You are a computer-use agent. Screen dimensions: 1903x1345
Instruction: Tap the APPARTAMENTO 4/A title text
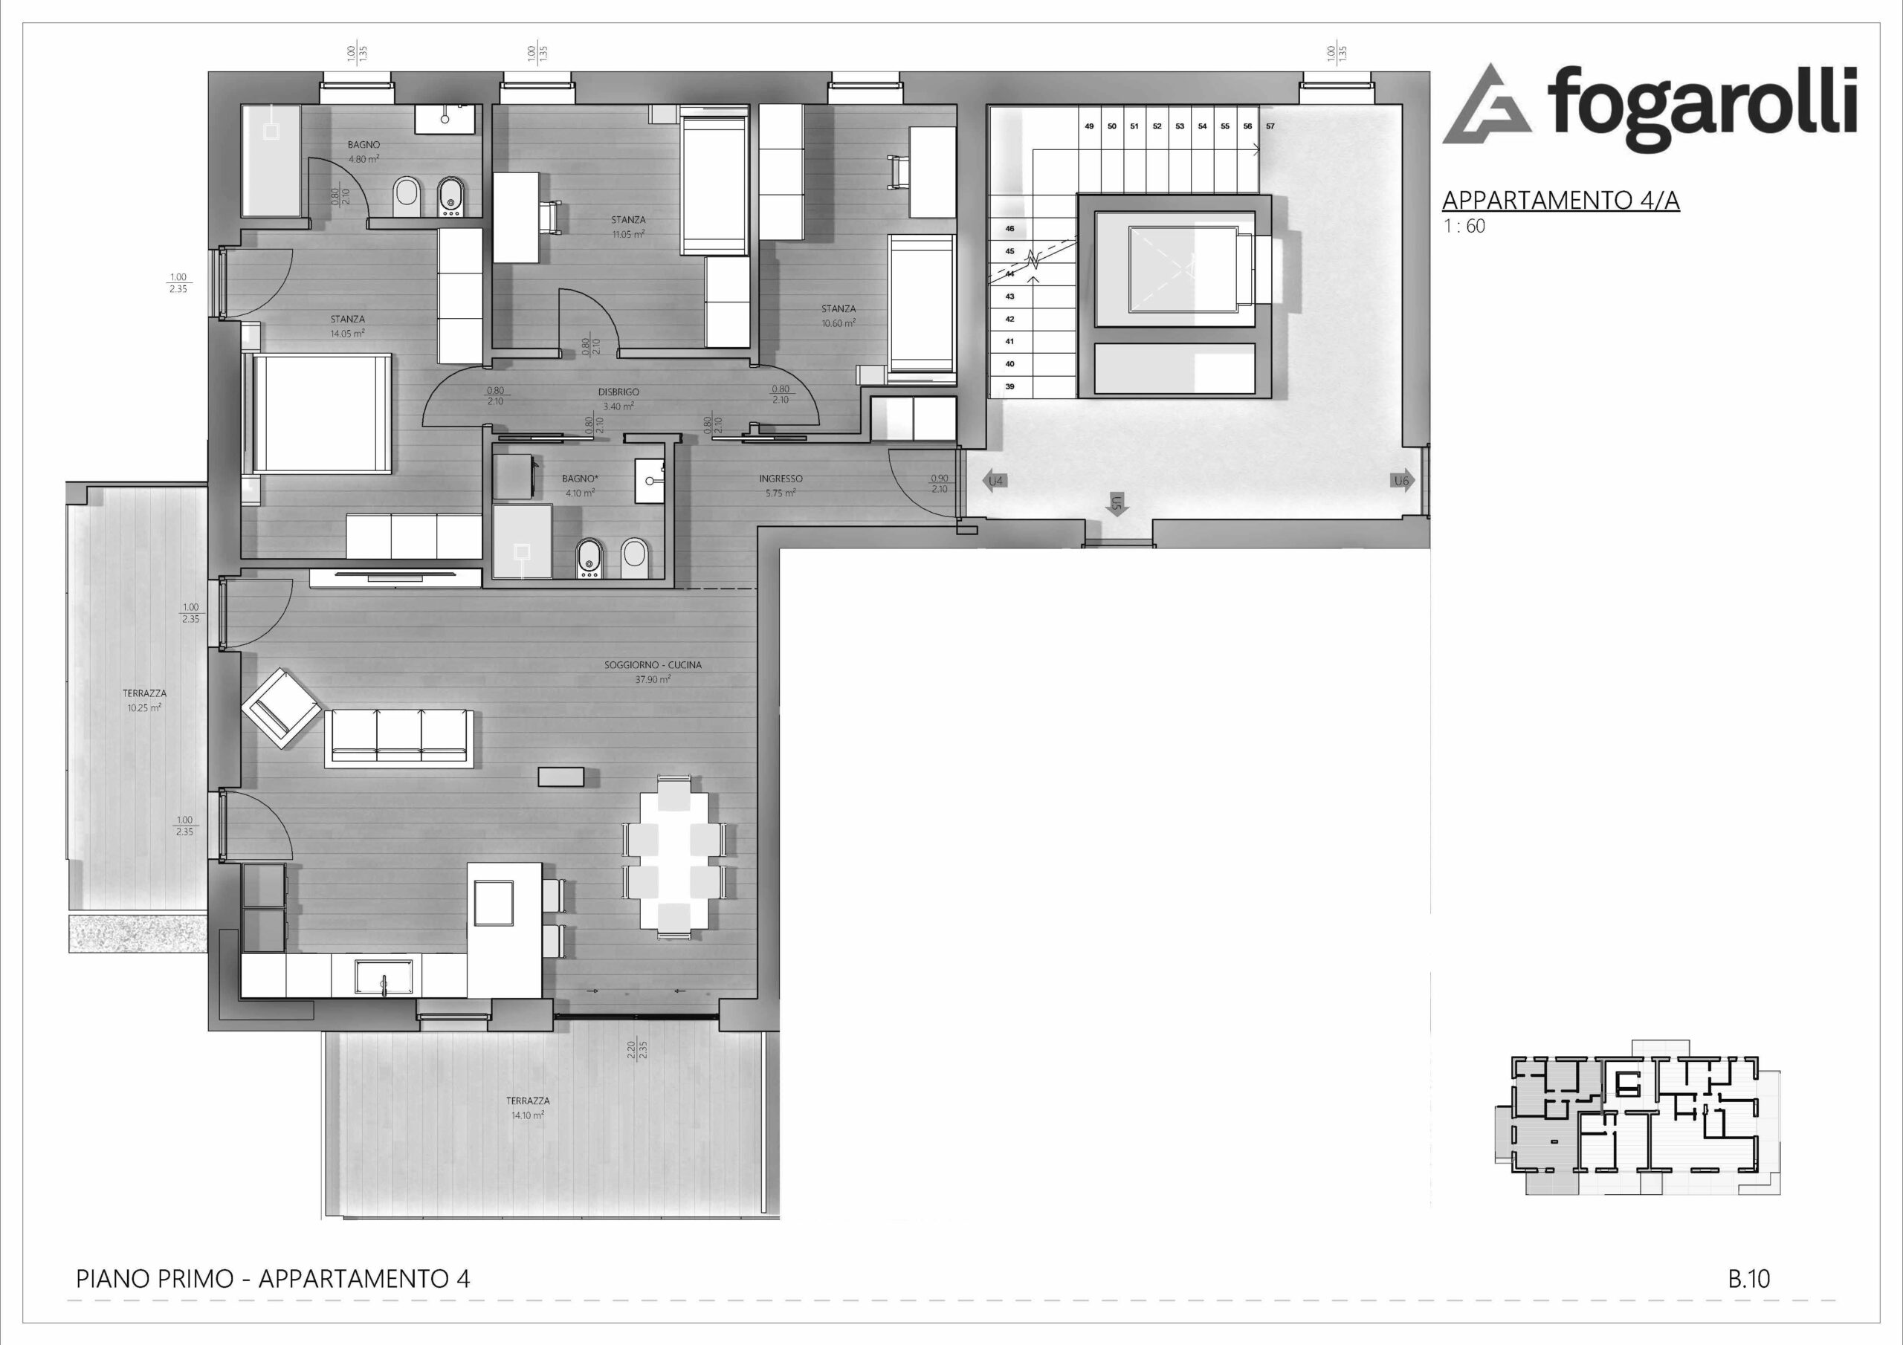(1561, 201)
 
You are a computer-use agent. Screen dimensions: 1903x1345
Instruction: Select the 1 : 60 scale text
(1464, 226)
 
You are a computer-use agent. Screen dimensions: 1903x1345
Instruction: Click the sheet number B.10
(1749, 1279)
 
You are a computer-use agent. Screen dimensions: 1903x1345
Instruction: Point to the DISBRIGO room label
(618, 392)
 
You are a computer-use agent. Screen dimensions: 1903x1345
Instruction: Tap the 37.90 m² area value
(652, 678)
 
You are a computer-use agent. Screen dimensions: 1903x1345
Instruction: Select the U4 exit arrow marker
(995, 481)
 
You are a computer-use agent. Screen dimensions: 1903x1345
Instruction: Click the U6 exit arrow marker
(1401, 481)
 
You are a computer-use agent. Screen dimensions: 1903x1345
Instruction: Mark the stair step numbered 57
(1270, 127)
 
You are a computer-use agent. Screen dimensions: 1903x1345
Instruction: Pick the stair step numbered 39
(1009, 386)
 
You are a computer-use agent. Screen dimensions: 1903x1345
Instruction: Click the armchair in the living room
(281, 707)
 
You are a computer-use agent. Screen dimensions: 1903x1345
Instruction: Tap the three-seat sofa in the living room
(399, 739)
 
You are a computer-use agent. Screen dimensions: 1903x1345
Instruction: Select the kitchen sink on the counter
(384, 977)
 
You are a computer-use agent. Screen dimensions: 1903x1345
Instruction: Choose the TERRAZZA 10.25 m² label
(144, 700)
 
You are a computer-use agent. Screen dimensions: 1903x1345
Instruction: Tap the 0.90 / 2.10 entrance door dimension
(939, 484)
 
